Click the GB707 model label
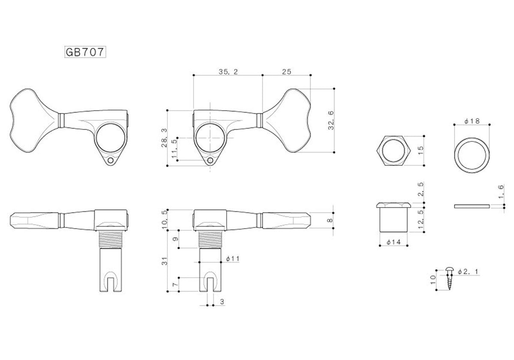pyautogui.click(x=85, y=52)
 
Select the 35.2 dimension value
pyautogui.click(x=228, y=72)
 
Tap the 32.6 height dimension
pyautogui.click(x=331, y=120)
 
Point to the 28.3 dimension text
pyautogui.click(x=164, y=138)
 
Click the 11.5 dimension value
pyautogui.click(x=175, y=149)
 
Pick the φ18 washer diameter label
pyautogui.click(x=472, y=121)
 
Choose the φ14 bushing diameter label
pyautogui.click(x=394, y=242)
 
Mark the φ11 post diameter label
pyautogui.click(x=233, y=259)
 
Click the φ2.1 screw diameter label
pyautogui.click(x=468, y=272)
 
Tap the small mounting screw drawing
pyautogui.click(x=449, y=278)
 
